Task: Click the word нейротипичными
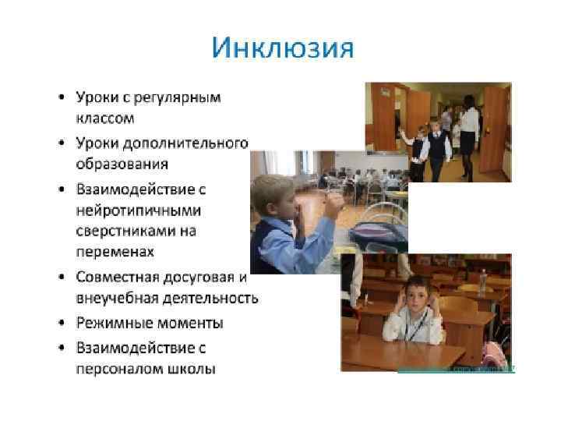point(138,210)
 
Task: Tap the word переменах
point(115,253)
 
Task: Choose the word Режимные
point(110,322)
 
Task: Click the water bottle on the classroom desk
point(483,280)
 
